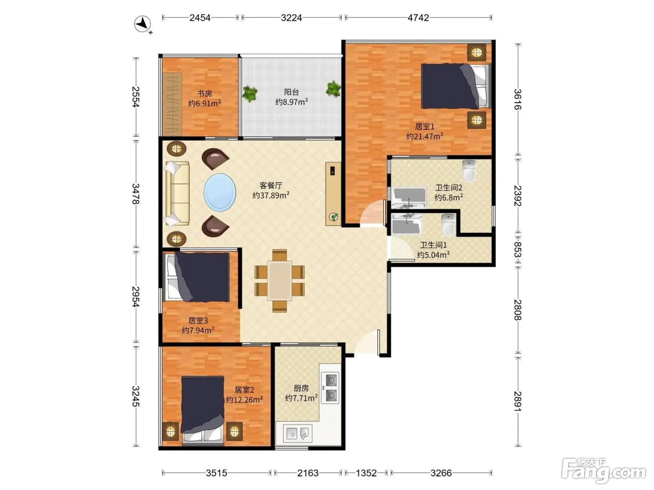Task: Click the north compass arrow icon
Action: coord(142,24)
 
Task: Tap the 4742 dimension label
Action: coord(418,18)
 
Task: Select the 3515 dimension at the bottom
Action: coord(216,473)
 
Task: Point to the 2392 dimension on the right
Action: coord(518,196)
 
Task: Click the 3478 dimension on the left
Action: coord(136,194)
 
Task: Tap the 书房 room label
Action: coord(205,93)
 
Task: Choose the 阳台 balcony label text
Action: coord(291,92)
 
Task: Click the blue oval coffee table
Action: coord(220,192)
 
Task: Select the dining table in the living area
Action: coord(279,280)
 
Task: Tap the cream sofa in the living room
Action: coord(177,193)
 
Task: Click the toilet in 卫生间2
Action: coord(469,171)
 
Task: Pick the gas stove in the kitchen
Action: coord(330,388)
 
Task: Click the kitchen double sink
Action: coord(298,433)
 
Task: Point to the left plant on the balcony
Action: coord(249,94)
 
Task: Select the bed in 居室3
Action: coord(198,277)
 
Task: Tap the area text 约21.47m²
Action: coord(425,137)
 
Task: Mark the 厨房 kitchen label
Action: coord(301,388)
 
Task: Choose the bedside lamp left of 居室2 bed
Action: coord(171,431)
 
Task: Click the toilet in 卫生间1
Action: coord(448,225)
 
